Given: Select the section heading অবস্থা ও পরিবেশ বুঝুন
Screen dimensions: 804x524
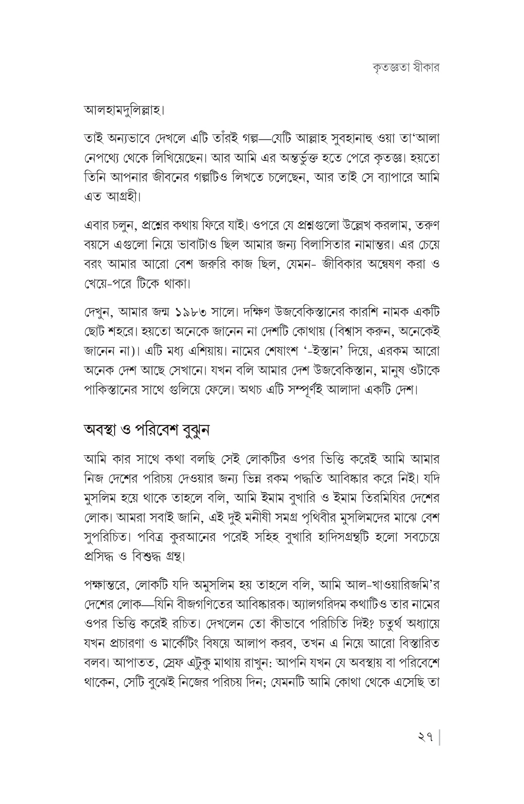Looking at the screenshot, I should click(x=146, y=430).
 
